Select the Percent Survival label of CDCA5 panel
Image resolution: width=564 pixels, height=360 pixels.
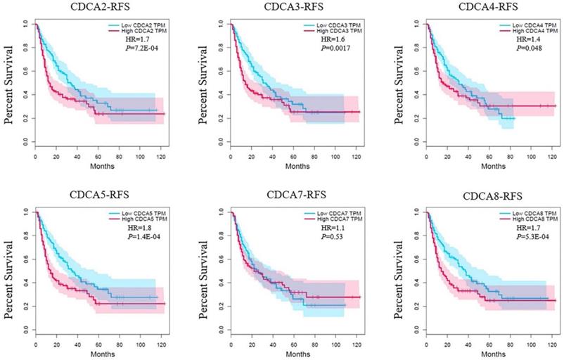click(x=11, y=271)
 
